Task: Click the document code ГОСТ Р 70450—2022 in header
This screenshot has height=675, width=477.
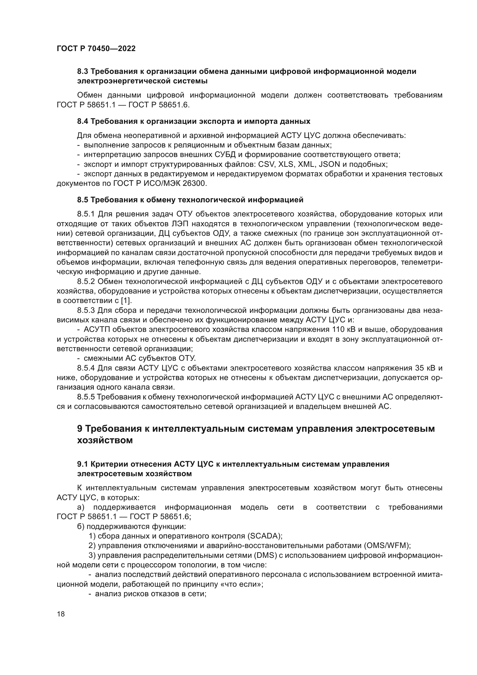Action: point(96,49)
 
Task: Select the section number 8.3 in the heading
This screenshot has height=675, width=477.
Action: point(83,72)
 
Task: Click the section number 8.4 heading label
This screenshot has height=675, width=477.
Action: point(83,121)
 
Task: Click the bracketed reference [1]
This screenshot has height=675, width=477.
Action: point(127,301)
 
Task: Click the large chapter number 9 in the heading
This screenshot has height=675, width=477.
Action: point(80,429)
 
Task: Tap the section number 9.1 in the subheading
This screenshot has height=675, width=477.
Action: point(83,464)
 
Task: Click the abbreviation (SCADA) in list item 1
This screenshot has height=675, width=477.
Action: point(265,536)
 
